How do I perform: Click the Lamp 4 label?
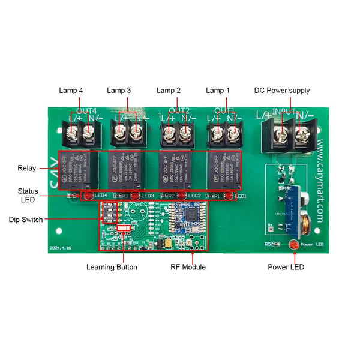pos(71,91)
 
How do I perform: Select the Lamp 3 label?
pos(119,91)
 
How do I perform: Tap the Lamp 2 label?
pos(169,91)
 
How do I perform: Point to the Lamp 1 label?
pos(218,91)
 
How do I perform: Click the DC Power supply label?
pos(282,91)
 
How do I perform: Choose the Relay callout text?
pos(27,169)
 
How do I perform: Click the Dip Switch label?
pos(26,220)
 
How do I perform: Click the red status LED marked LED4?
pos(88,196)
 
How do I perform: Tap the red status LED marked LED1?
pos(229,196)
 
